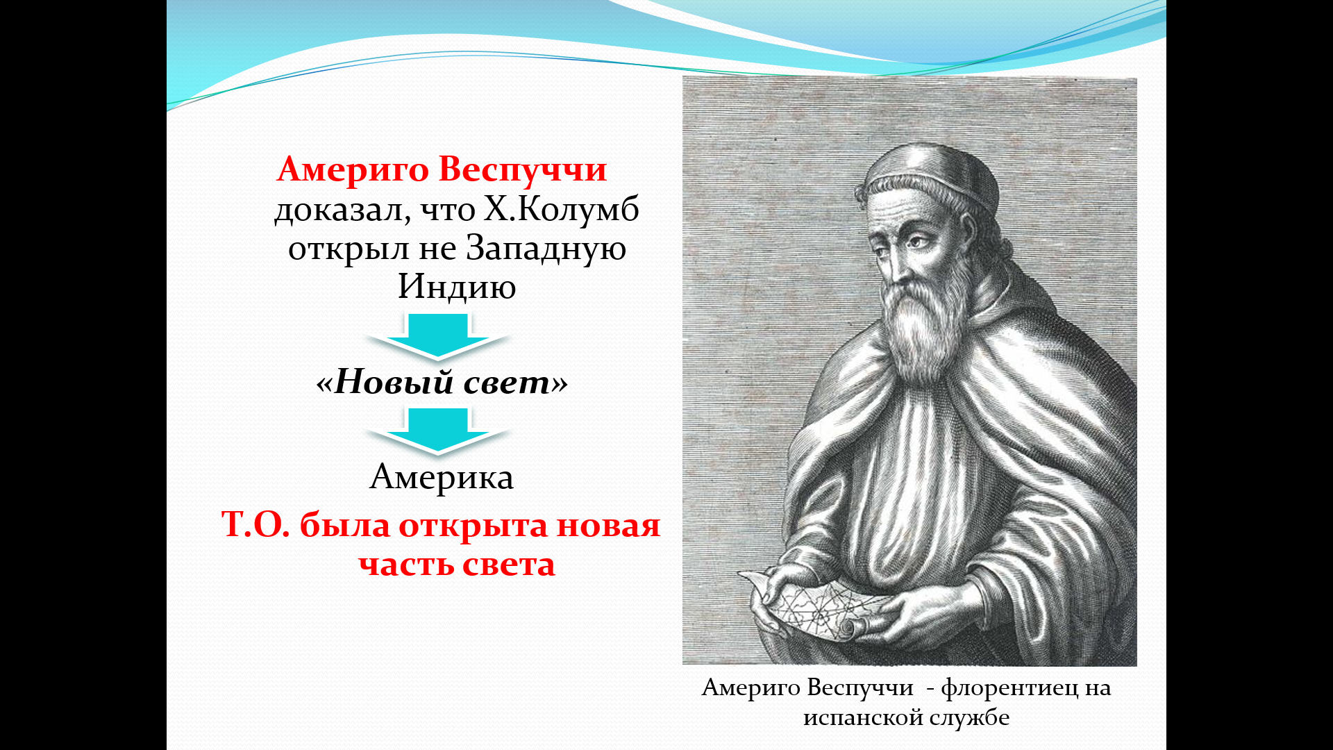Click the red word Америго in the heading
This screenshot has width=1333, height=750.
pos(353,170)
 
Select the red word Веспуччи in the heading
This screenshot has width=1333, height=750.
pos(523,170)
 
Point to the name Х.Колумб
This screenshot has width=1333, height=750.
pos(561,209)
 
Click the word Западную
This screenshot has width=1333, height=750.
pos(545,249)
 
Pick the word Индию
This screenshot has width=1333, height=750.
pos(457,287)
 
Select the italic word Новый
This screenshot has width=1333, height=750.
pos(394,381)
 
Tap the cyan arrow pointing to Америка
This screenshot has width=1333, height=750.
pos(438,431)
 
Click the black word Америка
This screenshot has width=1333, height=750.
pos(442,477)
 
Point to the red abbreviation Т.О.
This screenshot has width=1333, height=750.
pos(255,525)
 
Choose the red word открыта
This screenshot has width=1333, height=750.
pos(473,526)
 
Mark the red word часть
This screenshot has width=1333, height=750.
pos(406,565)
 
